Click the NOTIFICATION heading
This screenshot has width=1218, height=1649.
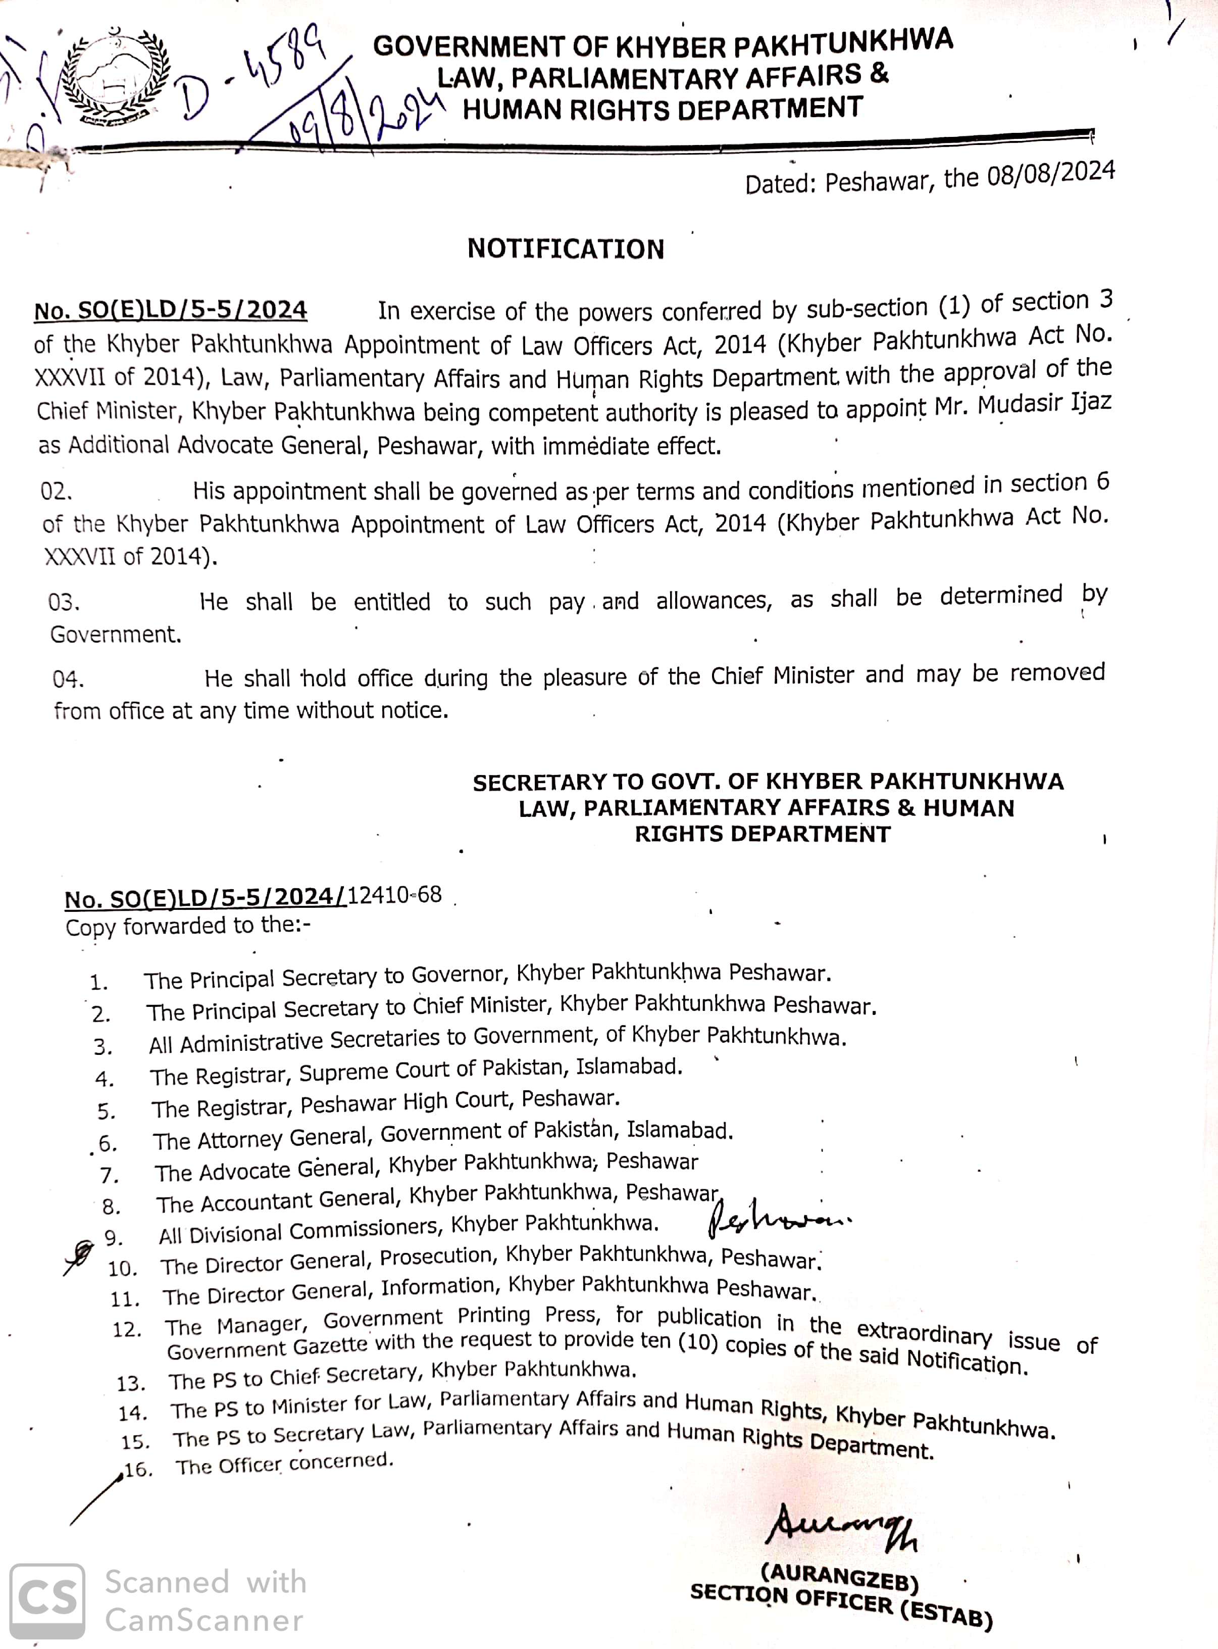(566, 249)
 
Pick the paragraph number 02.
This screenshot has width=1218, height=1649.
(56, 492)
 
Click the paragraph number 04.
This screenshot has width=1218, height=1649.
(68, 678)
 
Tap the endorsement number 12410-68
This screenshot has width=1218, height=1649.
(394, 895)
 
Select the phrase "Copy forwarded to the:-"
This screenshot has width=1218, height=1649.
(188, 926)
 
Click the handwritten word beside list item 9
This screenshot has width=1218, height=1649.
(778, 1223)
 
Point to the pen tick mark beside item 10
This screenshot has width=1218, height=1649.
(80, 1254)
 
